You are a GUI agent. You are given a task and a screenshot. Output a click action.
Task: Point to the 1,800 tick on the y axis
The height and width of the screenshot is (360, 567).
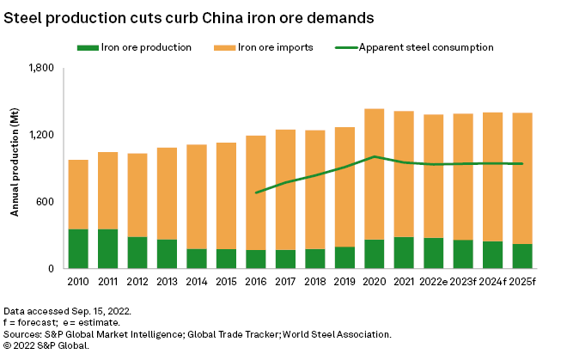(x=41, y=68)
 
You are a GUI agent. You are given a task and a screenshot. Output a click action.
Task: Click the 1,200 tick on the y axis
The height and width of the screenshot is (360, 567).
(x=41, y=135)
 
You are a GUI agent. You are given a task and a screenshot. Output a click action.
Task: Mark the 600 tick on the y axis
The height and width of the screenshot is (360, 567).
(x=46, y=202)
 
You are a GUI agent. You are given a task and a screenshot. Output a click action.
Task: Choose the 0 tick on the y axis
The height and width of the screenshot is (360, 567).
(x=52, y=269)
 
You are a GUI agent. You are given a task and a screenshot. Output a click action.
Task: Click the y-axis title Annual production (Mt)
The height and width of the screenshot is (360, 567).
(x=15, y=168)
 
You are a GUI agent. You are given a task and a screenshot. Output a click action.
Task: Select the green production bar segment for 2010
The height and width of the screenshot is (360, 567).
(x=78, y=249)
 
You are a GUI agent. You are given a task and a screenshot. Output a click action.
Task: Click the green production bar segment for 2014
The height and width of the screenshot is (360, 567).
(x=197, y=259)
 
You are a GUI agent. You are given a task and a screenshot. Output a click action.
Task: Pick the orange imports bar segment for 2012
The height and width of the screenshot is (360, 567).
(x=137, y=195)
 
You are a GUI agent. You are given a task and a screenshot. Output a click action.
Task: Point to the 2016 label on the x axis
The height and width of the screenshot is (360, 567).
(x=256, y=282)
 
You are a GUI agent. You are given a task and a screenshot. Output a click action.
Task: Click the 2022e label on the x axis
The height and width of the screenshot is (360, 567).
(x=434, y=282)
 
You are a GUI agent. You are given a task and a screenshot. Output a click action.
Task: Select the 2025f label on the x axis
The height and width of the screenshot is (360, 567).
(x=522, y=282)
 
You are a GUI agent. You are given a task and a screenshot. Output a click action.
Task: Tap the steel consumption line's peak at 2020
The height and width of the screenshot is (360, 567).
(x=374, y=156)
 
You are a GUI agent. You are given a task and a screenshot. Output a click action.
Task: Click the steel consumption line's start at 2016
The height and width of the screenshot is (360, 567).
(x=256, y=192)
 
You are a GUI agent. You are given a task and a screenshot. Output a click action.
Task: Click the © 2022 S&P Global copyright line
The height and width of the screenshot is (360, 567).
(x=46, y=345)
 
